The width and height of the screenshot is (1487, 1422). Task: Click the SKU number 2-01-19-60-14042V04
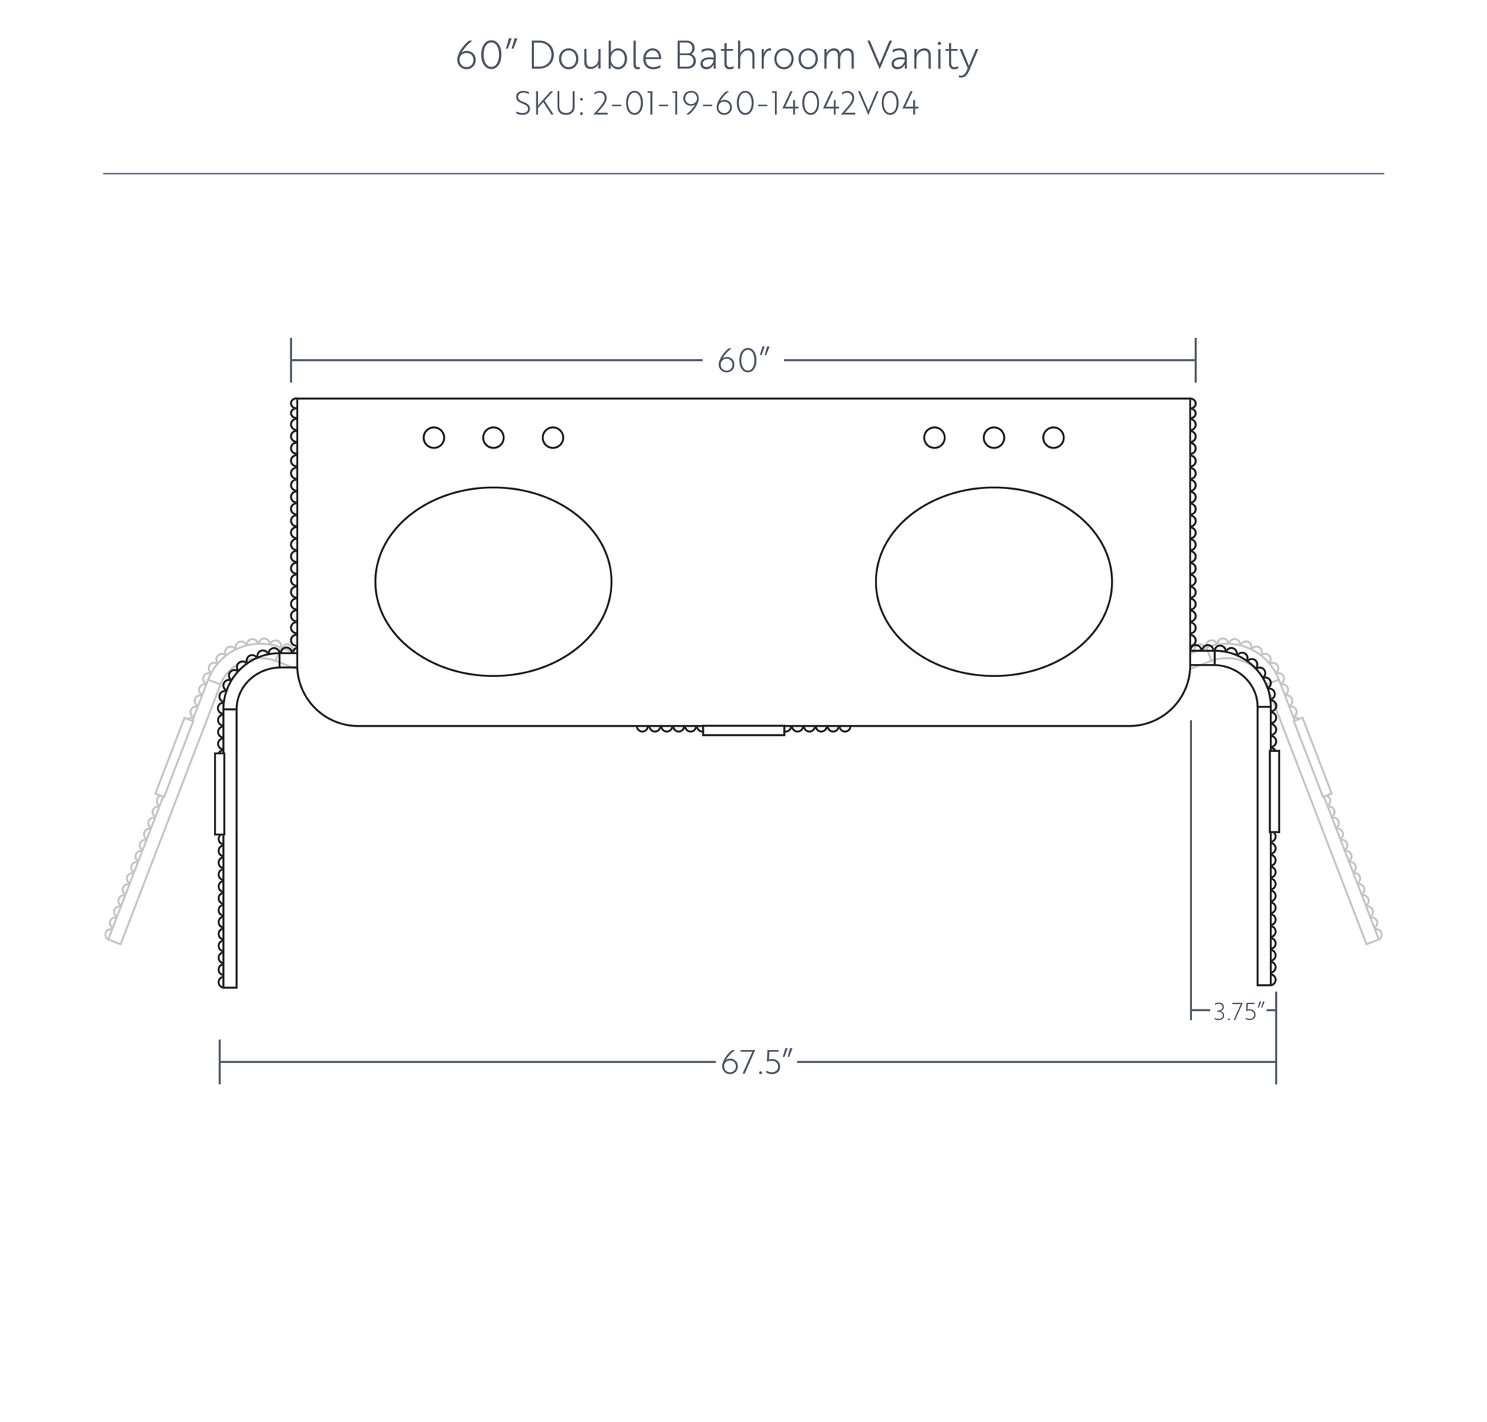tap(756, 104)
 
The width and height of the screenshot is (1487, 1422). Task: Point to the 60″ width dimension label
tap(743, 361)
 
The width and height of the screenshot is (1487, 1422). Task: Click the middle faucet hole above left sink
tap(494, 438)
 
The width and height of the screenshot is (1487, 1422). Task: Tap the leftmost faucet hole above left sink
tap(434, 438)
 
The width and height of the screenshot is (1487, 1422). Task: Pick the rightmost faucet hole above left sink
tap(553, 438)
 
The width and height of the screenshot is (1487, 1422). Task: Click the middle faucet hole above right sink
tap(994, 438)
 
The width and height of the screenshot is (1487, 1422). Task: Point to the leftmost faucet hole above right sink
tap(935, 438)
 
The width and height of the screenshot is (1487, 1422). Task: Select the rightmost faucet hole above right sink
tap(1054, 438)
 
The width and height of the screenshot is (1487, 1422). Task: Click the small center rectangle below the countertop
tap(743, 730)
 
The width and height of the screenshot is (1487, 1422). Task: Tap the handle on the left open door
tap(220, 793)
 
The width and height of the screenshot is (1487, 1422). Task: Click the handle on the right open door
tap(1275, 791)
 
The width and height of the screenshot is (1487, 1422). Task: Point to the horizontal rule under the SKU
tap(743, 174)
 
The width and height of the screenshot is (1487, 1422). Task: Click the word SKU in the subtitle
tap(545, 104)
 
